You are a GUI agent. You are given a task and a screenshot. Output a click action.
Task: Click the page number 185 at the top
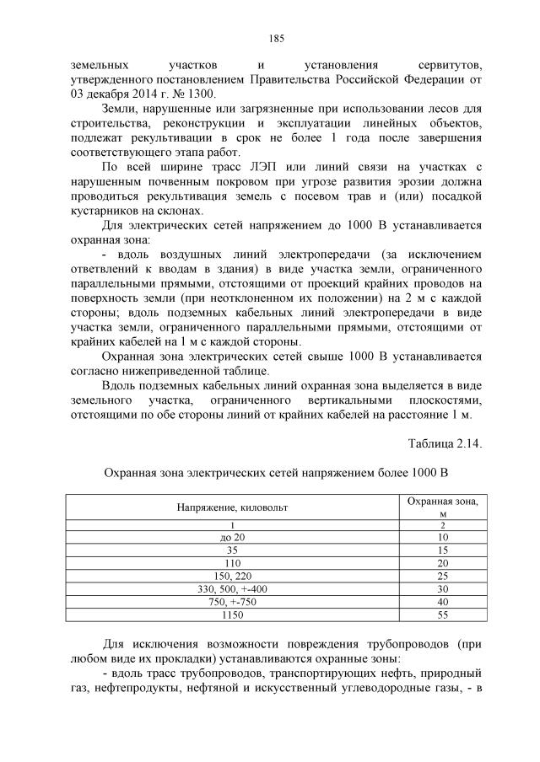click(275, 38)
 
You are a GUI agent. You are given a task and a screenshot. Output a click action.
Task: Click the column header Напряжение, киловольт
click(232, 507)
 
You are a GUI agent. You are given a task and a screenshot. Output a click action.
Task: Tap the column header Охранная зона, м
click(442, 507)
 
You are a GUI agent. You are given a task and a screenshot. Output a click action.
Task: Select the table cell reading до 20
click(232, 536)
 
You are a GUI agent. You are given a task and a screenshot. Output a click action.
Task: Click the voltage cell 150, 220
click(232, 574)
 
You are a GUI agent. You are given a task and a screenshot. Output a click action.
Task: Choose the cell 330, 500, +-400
click(232, 588)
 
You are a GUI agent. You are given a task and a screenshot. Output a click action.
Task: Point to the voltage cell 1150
click(232, 613)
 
